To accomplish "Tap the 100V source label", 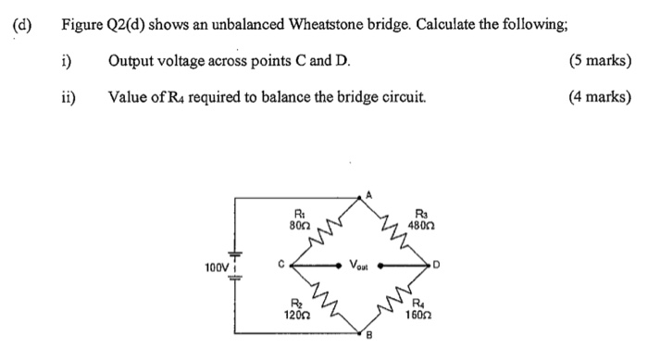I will (217, 268).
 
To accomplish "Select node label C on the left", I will (279, 264).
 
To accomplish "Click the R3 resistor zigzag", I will (391, 226).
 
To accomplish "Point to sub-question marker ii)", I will (68, 96).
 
